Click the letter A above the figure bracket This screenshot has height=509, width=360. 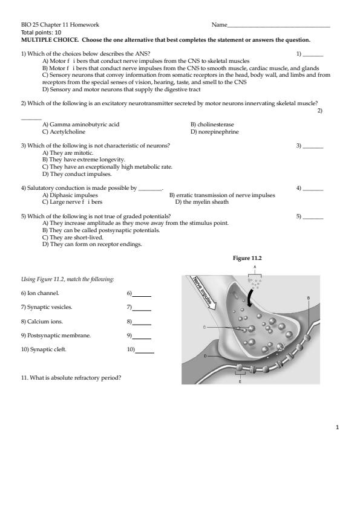click(255, 267)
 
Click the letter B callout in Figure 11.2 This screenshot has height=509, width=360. click(309, 297)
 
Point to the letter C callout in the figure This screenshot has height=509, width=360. click(205, 327)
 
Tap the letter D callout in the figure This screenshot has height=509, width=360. click(205, 356)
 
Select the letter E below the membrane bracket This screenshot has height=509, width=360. click(240, 382)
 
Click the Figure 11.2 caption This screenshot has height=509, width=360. click(247, 258)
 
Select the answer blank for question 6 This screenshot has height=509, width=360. click(142, 296)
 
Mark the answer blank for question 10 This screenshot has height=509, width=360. click(145, 352)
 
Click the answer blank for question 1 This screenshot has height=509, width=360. click(313, 56)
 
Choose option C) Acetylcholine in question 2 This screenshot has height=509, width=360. click(64, 132)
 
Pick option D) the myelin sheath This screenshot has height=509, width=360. click(201, 202)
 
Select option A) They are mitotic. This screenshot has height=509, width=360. click(68, 152)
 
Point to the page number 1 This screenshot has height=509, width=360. click(337, 427)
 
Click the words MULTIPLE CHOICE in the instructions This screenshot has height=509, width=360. click(50, 40)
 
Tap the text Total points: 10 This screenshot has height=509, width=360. click(41, 33)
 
